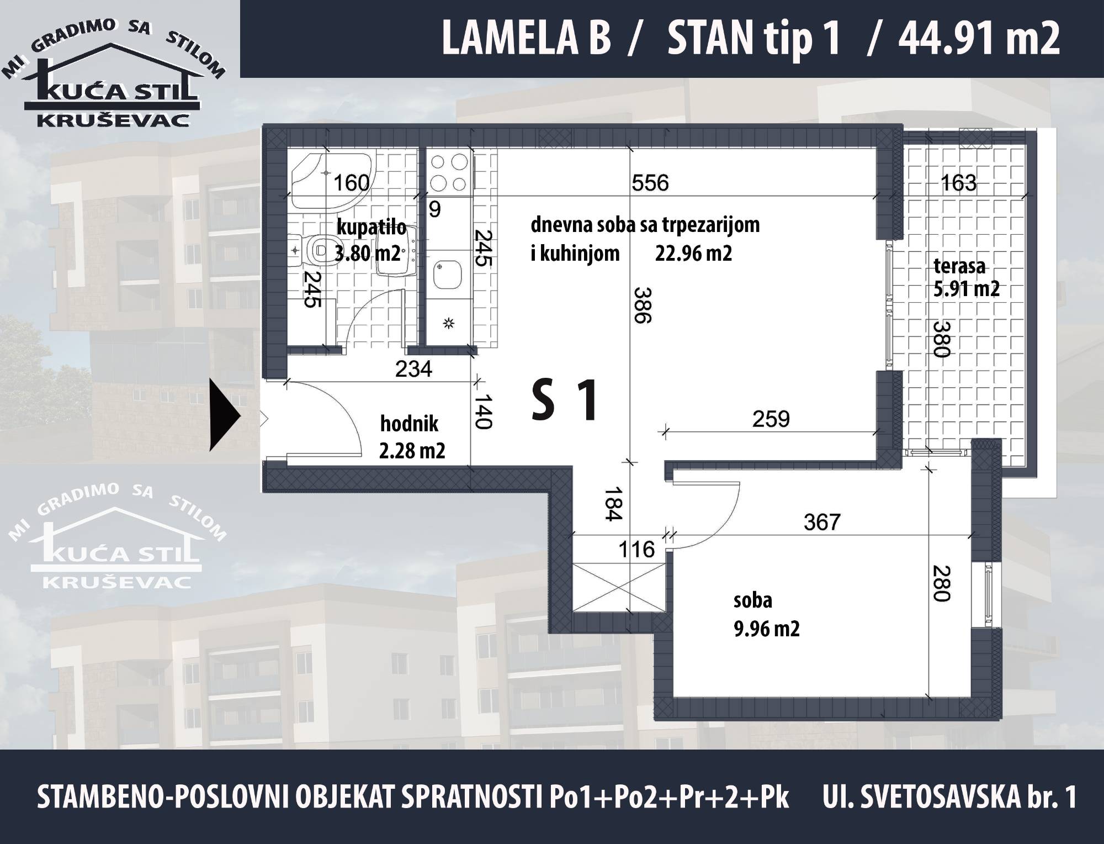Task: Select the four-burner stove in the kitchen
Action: pyautogui.click(x=448, y=172)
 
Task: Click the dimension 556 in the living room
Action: pyautogui.click(x=650, y=183)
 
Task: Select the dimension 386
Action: pyautogui.click(x=642, y=305)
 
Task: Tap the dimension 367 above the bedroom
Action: pyautogui.click(x=822, y=522)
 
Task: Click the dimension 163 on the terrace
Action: pyautogui.click(x=958, y=183)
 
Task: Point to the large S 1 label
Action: pyautogui.click(x=564, y=401)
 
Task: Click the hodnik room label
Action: pyautogui.click(x=409, y=424)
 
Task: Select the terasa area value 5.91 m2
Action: pyautogui.click(x=966, y=289)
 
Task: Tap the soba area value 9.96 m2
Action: pyautogui.click(x=766, y=629)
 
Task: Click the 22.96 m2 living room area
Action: pyautogui.click(x=693, y=254)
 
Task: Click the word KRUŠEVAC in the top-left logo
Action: pyautogui.click(x=113, y=120)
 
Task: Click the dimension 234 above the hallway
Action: pyautogui.click(x=413, y=368)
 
